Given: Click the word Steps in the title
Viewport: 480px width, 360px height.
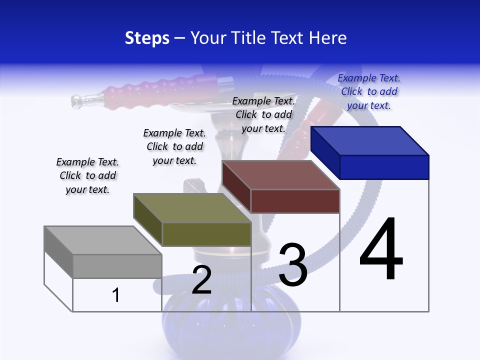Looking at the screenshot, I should coord(147,38).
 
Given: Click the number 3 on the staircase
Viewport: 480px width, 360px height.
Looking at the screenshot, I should coord(293,264).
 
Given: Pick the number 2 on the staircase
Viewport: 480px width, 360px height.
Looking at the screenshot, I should coord(201,279).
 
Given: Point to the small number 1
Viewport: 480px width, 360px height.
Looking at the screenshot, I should coord(115,295).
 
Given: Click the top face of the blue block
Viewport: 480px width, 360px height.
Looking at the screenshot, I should coord(370,141).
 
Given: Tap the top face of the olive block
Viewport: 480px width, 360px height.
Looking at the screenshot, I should coord(192,208).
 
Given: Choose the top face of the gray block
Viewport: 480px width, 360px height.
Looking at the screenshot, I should coord(103,240).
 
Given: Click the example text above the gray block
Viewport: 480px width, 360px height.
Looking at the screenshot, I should coord(87,175).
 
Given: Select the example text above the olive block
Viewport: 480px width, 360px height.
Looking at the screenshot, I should coord(174,146).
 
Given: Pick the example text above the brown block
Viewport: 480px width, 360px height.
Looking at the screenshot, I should coord(263,114).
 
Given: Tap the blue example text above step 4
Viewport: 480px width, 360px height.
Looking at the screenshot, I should coord(369,91).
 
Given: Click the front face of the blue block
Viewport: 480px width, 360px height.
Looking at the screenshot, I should coord(384,167).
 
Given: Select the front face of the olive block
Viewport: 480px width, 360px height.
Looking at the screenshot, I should coord(206,234).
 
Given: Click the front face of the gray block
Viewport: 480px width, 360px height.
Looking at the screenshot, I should coord(117,266).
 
